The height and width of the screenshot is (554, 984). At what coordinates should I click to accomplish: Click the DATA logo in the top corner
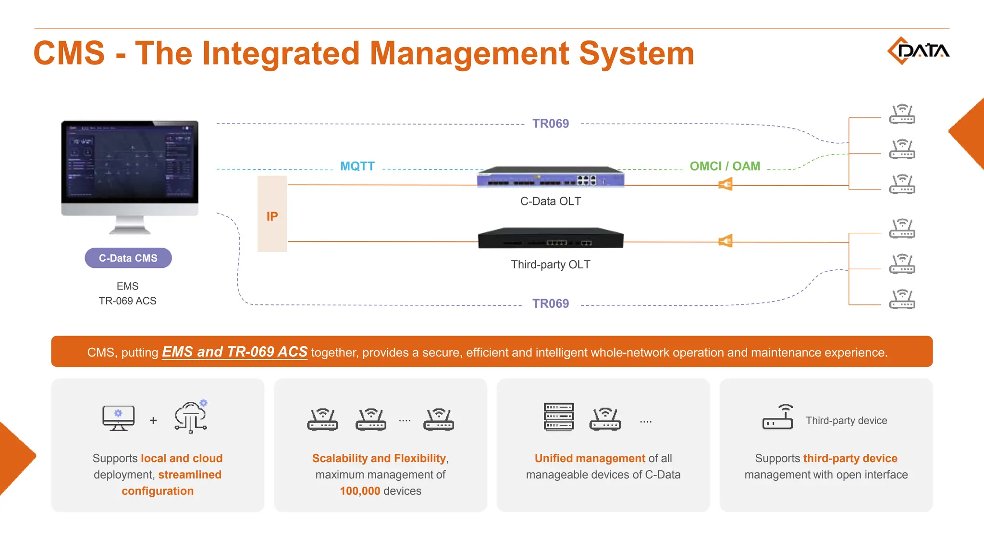pyautogui.click(x=918, y=50)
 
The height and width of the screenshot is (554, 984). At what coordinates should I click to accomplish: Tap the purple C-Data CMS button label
pyautogui.click(x=128, y=258)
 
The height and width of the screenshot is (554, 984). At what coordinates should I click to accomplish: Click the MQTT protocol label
pyautogui.click(x=357, y=166)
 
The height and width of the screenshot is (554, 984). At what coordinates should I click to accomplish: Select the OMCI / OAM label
pyautogui.click(x=725, y=166)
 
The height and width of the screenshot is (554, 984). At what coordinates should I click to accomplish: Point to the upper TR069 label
pyautogui.click(x=550, y=124)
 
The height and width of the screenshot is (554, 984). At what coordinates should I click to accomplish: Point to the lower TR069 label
pyautogui.click(x=550, y=303)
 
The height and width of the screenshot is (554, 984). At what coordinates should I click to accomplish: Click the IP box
pyautogui.click(x=272, y=214)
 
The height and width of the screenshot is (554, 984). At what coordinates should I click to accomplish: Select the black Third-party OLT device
pyautogui.click(x=550, y=239)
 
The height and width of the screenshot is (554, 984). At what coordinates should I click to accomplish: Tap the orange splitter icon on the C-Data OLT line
pyautogui.click(x=726, y=184)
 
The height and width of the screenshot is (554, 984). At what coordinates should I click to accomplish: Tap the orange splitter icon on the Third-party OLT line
pyautogui.click(x=726, y=241)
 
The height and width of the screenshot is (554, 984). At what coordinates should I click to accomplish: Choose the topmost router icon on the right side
pyautogui.click(x=902, y=114)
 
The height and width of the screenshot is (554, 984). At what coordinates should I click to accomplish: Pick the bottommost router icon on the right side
pyautogui.click(x=902, y=299)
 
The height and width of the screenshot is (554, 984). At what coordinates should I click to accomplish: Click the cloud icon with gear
pyautogui.click(x=191, y=416)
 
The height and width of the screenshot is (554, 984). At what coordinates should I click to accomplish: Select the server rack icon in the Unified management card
pyautogui.click(x=559, y=417)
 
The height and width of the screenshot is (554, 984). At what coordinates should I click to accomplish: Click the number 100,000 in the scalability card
pyautogui.click(x=360, y=491)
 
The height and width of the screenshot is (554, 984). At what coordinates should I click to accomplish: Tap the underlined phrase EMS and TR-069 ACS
pyautogui.click(x=234, y=352)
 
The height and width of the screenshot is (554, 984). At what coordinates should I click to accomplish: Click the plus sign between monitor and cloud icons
pyautogui.click(x=153, y=421)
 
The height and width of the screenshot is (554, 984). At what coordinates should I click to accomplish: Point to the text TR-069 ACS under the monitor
pyautogui.click(x=127, y=301)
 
